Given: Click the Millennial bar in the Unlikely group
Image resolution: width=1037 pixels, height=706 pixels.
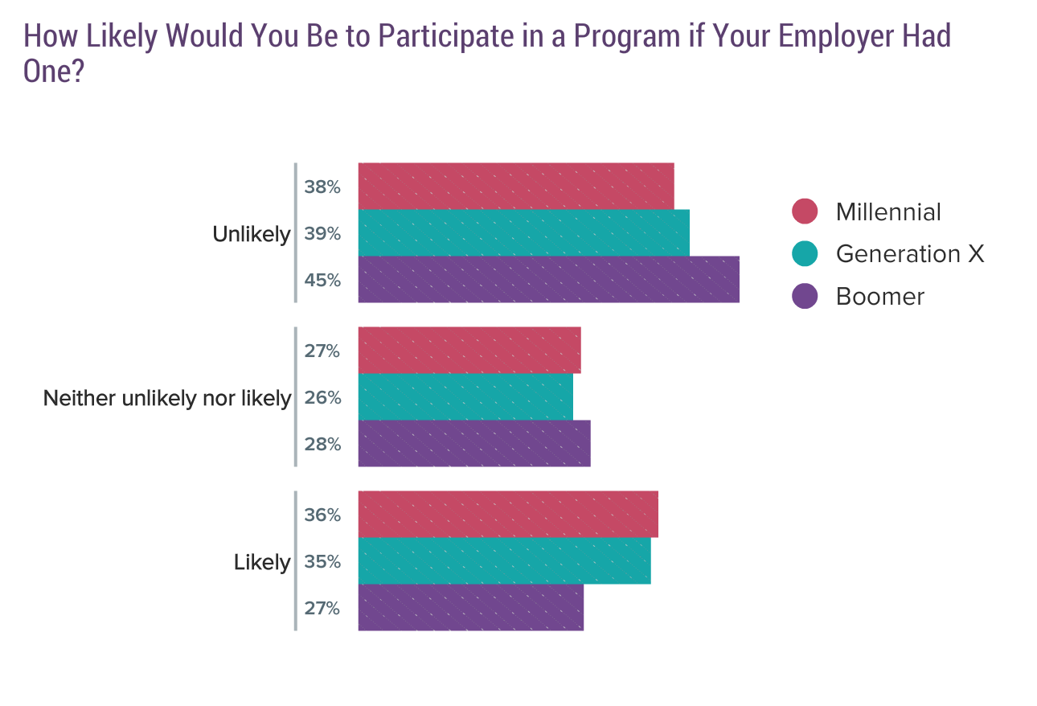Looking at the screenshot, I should click(515, 186).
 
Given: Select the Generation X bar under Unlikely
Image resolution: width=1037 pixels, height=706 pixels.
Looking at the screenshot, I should click(523, 232).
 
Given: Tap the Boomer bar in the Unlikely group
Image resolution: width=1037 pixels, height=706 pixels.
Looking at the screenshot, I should click(548, 279).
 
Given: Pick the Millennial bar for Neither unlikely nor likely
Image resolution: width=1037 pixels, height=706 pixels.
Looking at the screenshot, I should click(469, 350).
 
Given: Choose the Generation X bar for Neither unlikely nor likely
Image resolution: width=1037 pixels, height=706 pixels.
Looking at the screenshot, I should click(465, 396).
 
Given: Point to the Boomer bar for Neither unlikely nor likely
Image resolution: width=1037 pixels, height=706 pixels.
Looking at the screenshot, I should click(474, 443).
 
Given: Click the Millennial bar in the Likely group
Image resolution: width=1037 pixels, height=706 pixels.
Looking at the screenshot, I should click(508, 514).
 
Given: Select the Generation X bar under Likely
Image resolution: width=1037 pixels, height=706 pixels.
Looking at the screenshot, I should click(504, 560).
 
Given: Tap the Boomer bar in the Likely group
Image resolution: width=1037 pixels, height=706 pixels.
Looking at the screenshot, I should click(470, 607).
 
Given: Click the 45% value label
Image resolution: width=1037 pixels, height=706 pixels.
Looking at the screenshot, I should click(322, 281).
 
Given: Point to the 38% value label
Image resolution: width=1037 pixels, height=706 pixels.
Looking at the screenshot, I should click(322, 187).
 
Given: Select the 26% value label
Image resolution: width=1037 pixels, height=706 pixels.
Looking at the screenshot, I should click(322, 398).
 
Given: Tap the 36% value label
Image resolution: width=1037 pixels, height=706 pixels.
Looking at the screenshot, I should click(322, 515).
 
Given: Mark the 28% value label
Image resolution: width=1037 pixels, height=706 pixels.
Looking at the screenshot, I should click(322, 445).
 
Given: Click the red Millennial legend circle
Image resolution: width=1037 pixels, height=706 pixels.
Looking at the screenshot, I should click(805, 211).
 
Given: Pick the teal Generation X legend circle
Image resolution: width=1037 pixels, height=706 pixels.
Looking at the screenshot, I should click(805, 253).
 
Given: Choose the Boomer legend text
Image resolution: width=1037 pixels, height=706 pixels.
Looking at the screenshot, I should click(880, 297).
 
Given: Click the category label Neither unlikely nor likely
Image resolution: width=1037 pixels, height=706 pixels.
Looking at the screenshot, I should click(167, 398).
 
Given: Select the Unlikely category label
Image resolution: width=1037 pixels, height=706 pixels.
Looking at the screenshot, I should click(251, 234).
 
